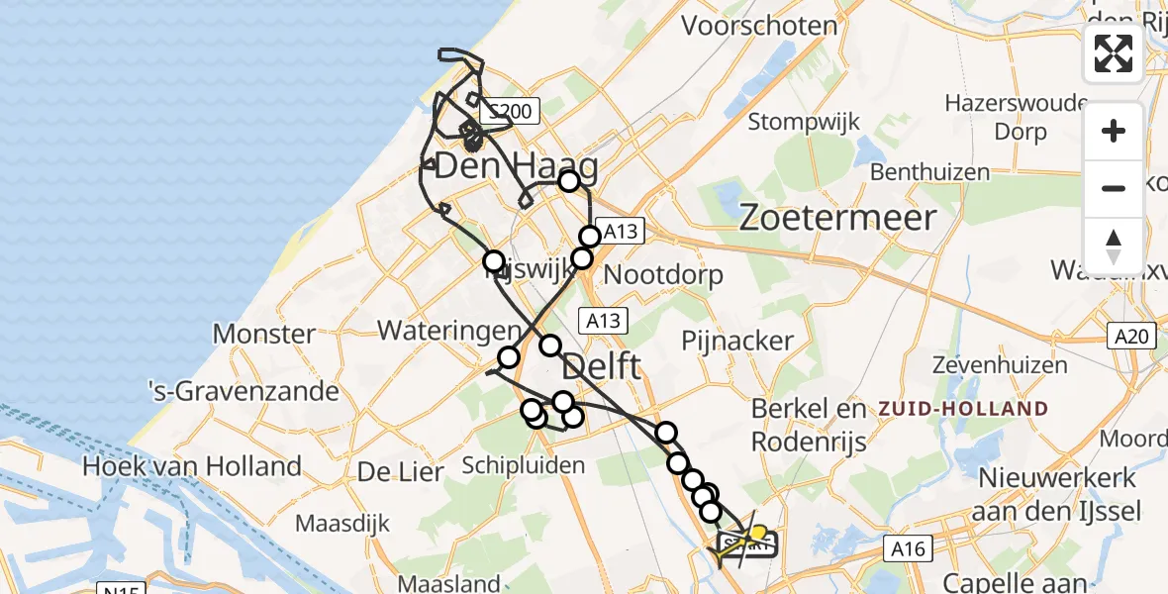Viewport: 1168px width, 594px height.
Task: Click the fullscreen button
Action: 1114,53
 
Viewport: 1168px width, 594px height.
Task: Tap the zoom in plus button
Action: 1114,132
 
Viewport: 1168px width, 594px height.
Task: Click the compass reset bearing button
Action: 1114,246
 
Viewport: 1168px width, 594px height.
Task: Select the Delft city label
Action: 602,368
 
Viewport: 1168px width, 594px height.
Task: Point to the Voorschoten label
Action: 759,25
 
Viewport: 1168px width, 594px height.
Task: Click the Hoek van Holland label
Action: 192,465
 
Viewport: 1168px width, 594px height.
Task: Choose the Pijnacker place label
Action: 737,342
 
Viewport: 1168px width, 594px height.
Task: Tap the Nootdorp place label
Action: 663,274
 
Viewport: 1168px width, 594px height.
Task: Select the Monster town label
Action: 263,334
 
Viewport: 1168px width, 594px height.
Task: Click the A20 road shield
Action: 1128,337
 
